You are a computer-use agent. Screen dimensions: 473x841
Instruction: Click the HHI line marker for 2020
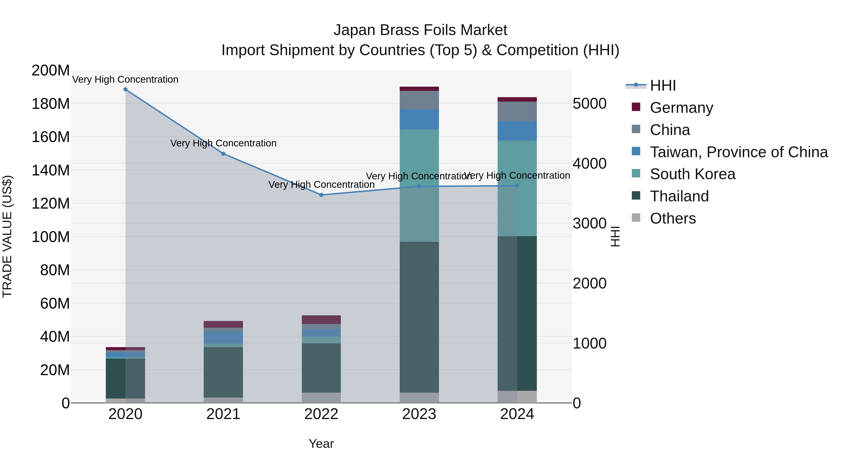(x=125, y=89)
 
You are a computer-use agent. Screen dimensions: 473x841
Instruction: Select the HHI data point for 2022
(x=321, y=195)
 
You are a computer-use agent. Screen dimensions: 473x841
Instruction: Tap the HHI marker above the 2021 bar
(x=223, y=154)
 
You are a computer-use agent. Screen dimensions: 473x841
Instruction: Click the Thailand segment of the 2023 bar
(x=419, y=317)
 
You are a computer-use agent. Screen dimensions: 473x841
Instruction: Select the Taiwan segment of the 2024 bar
(x=517, y=131)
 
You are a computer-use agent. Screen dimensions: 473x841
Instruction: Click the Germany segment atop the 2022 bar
(x=321, y=320)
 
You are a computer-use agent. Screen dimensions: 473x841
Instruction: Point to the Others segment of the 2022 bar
(x=321, y=398)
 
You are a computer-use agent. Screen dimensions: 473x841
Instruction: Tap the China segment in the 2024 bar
(x=517, y=111)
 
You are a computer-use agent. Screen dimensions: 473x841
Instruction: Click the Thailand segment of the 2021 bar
(x=223, y=372)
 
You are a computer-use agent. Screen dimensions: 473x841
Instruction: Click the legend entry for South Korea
(x=692, y=174)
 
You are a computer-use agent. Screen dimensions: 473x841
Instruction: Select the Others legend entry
(x=673, y=218)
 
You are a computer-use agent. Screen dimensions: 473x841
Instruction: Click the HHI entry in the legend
(x=663, y=85)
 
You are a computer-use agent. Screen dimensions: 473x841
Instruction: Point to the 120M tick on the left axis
(x=51, y=203)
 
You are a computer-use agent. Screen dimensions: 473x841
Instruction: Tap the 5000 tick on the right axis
(x=590, y=104)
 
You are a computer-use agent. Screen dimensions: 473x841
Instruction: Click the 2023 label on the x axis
(x=419, y=414)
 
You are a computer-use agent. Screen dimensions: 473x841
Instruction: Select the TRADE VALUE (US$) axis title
(x=7, y=236)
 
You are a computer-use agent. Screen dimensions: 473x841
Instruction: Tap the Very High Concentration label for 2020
(x=125, y=79)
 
